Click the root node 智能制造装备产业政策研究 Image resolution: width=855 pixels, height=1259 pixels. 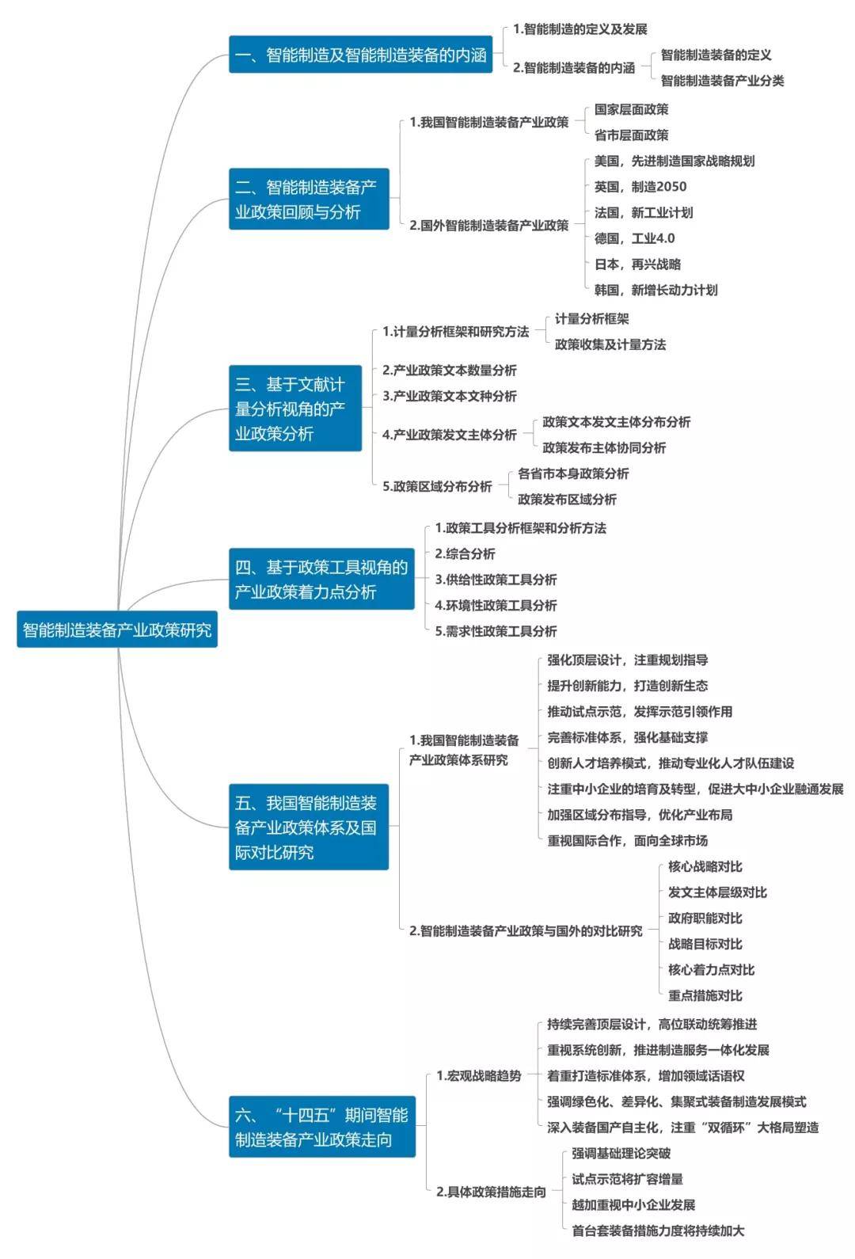(x=117, y=629)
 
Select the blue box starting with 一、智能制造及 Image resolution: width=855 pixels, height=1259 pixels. (x=361, y=55)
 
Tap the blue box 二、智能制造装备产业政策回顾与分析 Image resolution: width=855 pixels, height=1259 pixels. (x=309, y=199)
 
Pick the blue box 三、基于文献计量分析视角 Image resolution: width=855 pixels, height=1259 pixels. (x=295, y=408)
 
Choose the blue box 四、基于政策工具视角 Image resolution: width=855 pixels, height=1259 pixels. (x=322, y=579)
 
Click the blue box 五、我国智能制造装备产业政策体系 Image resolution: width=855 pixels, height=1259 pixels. (x=309, y=827)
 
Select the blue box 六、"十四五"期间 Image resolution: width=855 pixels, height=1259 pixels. (x=322, y=1126)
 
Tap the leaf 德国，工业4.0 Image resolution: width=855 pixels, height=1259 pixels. (x=635, y=238)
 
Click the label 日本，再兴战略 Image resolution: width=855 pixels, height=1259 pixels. (x=637, y=264)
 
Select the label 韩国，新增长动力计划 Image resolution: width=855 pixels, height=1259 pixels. (x=656, y=290)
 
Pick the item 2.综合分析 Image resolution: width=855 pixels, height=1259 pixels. (x=465, y=553)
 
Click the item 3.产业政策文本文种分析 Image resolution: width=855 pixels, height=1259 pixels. (x=450, y=396)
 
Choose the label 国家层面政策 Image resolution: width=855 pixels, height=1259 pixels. (x=632, y=109)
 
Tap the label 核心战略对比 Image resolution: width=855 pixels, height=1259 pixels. (x=705, y=867)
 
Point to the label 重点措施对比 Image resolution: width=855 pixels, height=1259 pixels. (x=705, y=995)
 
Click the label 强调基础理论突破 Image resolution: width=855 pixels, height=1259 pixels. (x=621, y=1154)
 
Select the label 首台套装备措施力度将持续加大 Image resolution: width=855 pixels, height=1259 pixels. (x=658, y=1231)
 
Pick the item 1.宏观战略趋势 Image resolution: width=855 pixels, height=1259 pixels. (x=479, y=1076)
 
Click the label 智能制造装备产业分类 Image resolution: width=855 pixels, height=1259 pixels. (x=723, y=81)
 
